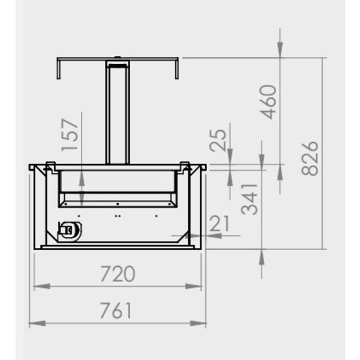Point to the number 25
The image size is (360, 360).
tap(220, 140)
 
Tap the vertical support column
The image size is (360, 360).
tap(118, 114)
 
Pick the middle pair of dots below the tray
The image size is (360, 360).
tap(118, 214)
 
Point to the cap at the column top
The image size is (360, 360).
tap(118, 62)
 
